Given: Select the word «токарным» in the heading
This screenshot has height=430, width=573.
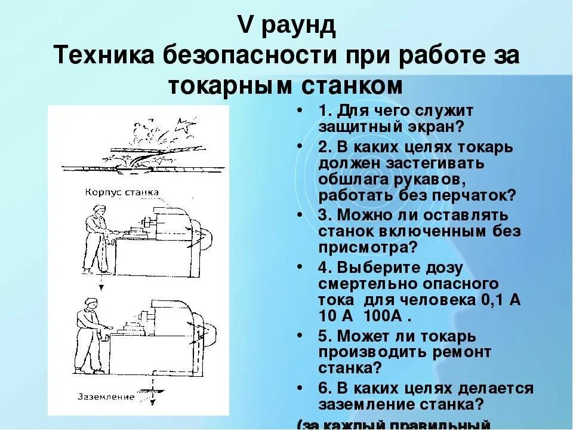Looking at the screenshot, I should [x=225, y=86].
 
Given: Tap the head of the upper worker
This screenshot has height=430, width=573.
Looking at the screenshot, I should [x=100, y=210].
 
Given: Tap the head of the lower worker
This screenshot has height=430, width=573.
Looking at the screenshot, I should [x=90, y=303].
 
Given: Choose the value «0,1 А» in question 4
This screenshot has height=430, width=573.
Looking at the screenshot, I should [x=500, y=300].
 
